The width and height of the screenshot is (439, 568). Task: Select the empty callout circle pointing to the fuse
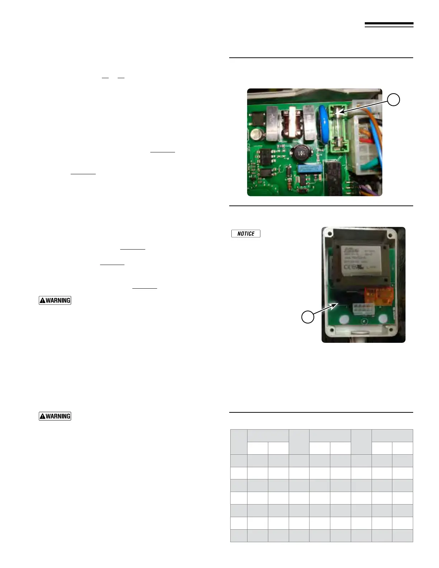tap(394, 100)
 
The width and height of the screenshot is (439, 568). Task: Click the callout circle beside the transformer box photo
tap(308, 317)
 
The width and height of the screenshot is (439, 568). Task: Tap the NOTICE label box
tap(246, 233)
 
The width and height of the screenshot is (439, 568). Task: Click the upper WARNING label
tap(55, 300)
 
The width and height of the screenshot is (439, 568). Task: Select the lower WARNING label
tap(55, 416)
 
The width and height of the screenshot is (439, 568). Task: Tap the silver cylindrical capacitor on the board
tap(258, 134)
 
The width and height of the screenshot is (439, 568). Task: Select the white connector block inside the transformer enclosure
tap(363, 308)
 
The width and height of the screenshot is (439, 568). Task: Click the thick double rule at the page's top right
tap(389, 25)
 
